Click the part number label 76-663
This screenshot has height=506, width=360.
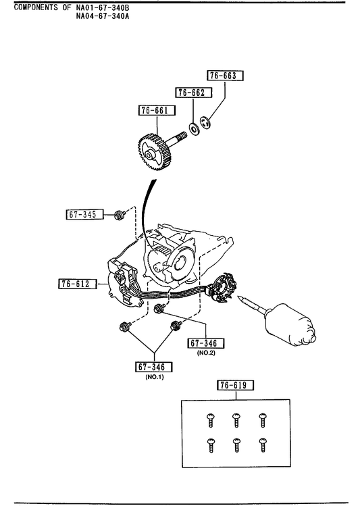click(x=225, y=76)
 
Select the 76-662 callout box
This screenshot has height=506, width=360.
click(x=194, y=93)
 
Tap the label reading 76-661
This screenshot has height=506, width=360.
click(x=157, y=110)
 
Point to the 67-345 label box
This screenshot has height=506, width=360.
click(x=85, y=214)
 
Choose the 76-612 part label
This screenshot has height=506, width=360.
click(x=78, y=284)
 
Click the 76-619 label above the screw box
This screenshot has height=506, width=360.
click(x=235, y=385)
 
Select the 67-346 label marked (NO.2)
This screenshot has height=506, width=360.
click(x=205, y=343)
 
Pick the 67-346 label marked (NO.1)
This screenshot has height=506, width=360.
click(x=154, y=367)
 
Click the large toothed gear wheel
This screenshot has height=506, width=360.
click(x=155, y=152)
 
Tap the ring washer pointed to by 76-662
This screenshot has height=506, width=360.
click(x=195, y=130)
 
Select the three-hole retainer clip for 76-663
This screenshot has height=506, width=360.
click(x=205, y=123)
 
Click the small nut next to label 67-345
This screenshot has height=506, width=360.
click(x=119, y=215)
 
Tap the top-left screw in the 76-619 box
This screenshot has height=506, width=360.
click(x=211, y=420)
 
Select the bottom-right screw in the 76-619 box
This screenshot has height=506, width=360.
click(x=263, y=445)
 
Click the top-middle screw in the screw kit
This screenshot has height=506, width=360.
click(x=236, y=420)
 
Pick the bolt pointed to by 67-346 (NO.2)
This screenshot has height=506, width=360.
click(x=159, y=308)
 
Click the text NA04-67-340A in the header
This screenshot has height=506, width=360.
click(x=103, y=16)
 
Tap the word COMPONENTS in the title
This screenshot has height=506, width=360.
click(x=36, y=7)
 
